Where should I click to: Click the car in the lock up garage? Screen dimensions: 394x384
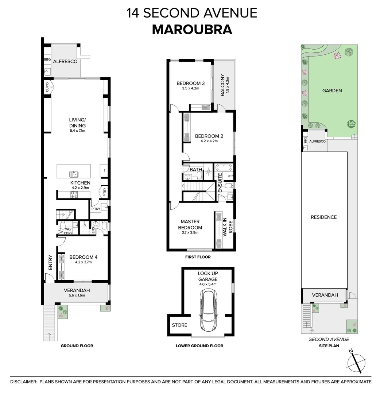tap(208, 310)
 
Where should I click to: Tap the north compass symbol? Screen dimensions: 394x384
tap(356, 363)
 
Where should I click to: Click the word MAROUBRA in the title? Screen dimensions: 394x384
tap(192, 30)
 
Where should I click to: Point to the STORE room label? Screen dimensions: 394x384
tap(179, 325)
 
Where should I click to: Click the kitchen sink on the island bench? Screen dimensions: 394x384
tap(74, 174)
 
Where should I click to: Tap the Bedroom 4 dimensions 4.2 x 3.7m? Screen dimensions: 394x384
tap(83, 262)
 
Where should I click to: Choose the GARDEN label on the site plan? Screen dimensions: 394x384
tap(332, 90)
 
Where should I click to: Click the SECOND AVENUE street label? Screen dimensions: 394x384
tap(329, 339)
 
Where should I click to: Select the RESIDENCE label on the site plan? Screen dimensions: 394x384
tap(323, 217)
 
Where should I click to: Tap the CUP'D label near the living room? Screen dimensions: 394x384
tap(47, 88)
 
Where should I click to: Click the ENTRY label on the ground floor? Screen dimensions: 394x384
tap(50, 263)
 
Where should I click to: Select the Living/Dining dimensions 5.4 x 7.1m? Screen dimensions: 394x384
tap(77, 131)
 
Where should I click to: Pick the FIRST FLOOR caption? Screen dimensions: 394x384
tap(198, 257)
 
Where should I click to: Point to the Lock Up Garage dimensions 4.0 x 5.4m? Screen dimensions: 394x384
tap(207, 284)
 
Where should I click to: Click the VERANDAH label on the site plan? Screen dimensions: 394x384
tap(325, 295)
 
